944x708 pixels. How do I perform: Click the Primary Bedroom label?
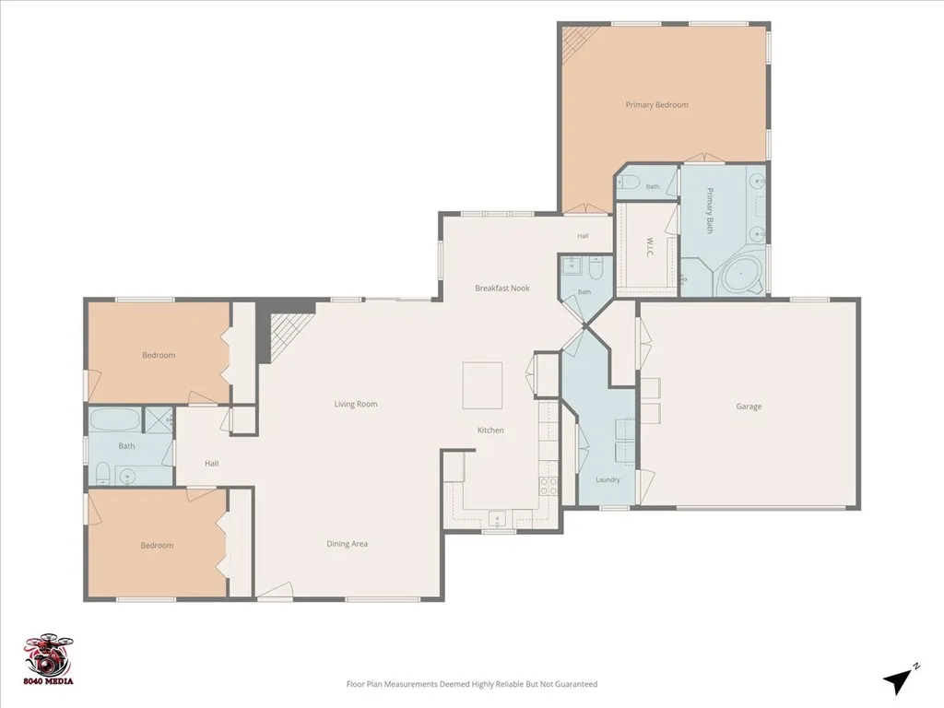(x=656, y=105)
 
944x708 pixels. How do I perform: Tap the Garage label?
(x=749, y=407)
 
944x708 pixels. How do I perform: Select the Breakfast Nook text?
(x=502, y=288)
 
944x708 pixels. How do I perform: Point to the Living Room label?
(x=356, y=404)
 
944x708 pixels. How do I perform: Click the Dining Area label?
(x=347, y=544)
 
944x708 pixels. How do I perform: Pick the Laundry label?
(x=608, y=479)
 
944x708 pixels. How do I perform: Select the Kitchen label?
(x=490, y=430)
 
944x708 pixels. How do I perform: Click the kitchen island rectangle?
(x=482, y=385)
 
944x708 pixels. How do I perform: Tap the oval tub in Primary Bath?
(x=742, y=277)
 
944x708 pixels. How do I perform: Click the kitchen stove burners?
(x=549, y=485)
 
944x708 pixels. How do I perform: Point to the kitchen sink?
(x=497, y=517)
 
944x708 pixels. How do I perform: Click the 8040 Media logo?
(x=49, y=659)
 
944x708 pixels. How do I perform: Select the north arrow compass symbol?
(x=900, y=680)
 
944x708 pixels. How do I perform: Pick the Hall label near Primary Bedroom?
(x=583, y=236)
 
